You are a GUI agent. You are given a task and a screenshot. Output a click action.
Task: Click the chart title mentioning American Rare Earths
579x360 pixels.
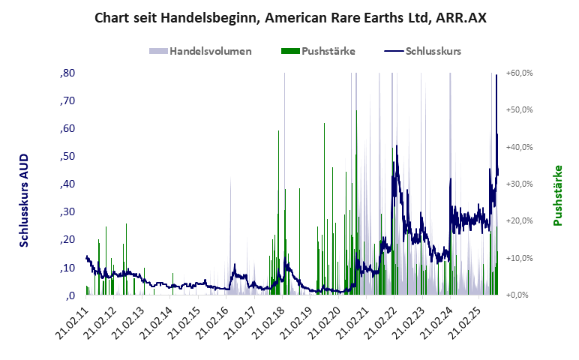[x=290, y=17]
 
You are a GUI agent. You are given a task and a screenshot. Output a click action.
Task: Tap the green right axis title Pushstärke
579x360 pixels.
[x=557, y=196]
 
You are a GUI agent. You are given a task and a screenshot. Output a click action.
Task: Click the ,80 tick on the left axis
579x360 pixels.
[x=67, y=73]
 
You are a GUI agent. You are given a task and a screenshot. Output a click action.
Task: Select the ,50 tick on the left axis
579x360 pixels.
[x=67, y=156]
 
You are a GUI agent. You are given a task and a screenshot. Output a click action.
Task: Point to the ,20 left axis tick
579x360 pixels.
[x=67, y=239]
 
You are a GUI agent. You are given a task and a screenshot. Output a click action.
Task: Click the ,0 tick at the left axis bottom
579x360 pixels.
[x=70, y=295]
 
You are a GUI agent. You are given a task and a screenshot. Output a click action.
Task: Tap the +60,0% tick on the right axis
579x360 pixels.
[x=519, y=73]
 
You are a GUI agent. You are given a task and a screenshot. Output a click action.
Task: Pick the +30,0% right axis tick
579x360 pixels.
[x=519, y=184]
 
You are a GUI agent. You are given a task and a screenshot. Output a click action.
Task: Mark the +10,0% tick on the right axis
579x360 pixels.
[x=519, y=258]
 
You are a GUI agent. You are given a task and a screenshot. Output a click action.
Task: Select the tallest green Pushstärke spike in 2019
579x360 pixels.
[x=324, y=125]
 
